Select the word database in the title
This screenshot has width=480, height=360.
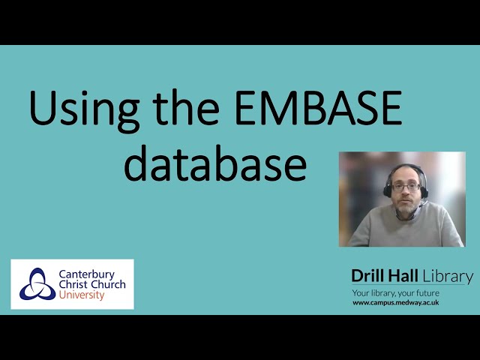click(x=215, y=163)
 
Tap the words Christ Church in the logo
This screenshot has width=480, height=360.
click(x=91, y=285)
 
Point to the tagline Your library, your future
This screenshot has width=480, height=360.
click(x=396, y=292)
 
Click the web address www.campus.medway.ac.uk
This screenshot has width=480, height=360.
click(x=395, y=302)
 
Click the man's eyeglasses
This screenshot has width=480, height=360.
click(x=404, y=185)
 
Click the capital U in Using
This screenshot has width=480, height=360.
click(x=42, y=109)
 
